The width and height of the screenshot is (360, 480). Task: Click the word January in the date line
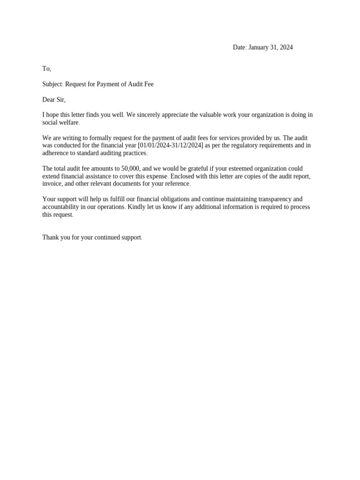pos(259,47)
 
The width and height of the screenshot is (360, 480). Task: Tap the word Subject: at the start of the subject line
pos(52,84)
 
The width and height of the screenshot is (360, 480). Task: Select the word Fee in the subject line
pos(148,84)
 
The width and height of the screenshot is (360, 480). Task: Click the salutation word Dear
pos(49,100)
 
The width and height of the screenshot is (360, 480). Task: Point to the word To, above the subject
pos(46,69)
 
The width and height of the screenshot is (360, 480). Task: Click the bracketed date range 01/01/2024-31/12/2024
pos(171,145)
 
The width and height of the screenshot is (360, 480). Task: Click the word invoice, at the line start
pos(52,184)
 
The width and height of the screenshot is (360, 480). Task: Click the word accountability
pos(60,207)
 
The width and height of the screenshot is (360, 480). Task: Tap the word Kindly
pos(136,207)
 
